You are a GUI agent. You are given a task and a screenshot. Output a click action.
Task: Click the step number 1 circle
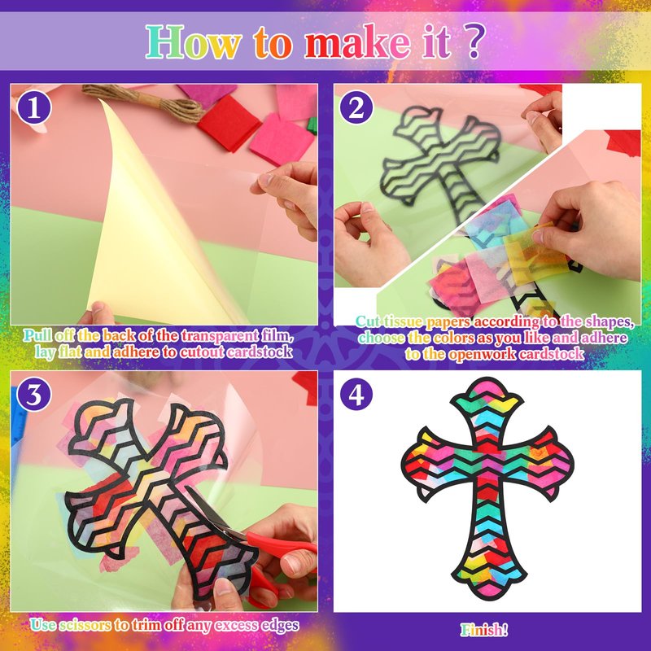(34, 107)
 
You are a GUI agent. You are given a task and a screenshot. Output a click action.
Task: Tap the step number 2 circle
(356, 107)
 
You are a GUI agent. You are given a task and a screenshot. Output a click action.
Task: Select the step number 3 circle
(34, 394)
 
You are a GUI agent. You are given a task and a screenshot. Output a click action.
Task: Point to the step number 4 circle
(356, 394)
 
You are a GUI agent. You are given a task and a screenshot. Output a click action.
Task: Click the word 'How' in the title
(194, 42)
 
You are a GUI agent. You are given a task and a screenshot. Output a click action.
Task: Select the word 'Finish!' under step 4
(484, 630)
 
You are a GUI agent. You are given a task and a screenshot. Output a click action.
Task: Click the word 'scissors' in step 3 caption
(85, 625)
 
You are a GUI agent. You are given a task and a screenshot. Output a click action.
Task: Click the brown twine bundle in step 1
(144, 103)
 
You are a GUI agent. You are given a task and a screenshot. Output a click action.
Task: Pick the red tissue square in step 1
(229, 124)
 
